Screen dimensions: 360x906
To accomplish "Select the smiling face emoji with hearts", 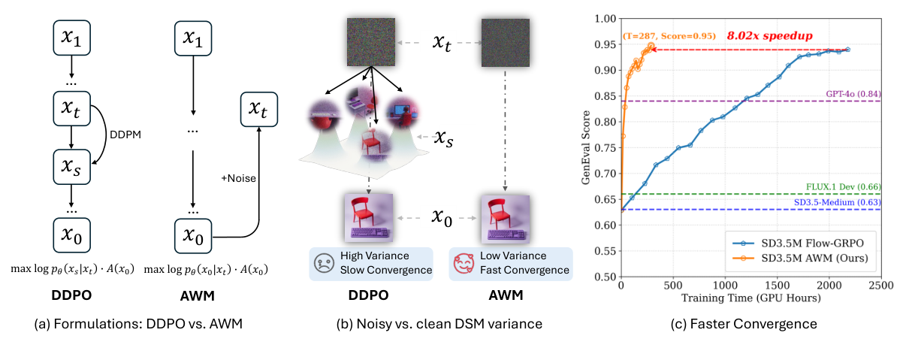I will click(464, 264).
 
